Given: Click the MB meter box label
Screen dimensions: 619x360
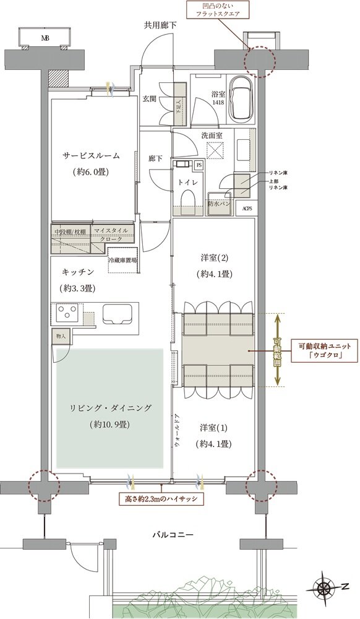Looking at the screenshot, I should tap(45, 38).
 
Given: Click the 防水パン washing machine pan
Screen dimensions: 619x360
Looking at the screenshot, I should tap(220, 203).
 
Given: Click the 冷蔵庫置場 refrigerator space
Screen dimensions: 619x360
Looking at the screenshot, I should tap(123, 261).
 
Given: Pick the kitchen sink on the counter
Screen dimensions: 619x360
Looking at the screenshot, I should tap(116, 314).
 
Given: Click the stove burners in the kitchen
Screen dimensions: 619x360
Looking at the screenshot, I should tap(65, 312).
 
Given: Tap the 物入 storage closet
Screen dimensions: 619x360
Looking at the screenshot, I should tap(61, 336).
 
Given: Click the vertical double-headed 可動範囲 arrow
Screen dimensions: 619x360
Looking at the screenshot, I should tap(278, 350).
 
